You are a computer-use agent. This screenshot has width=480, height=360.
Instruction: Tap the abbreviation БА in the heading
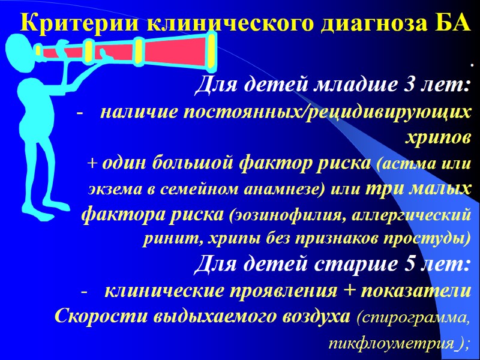(447, 23)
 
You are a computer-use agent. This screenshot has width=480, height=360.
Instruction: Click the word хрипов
(440, 137)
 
